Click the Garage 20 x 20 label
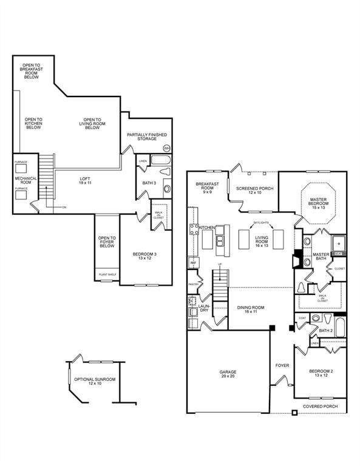[x=228, y=374]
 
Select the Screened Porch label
[x=254, y=191]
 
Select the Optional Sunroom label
[x=94, y=382]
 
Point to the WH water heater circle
[x=166, y=148]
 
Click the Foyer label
[x=282, y=366]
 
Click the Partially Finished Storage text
[x=146, y=137]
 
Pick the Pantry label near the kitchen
[x=194, y=284]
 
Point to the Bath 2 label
[x=326, y=331]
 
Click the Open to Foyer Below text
[x=106, y=242]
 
